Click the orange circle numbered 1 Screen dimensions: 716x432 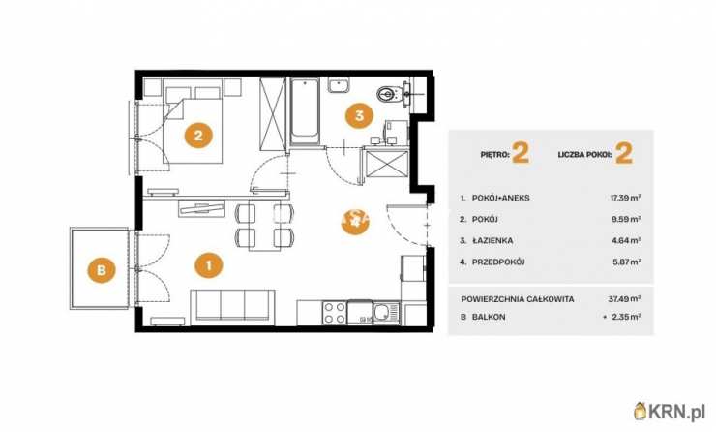(209, 265)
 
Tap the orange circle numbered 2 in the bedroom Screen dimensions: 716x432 (198, 136)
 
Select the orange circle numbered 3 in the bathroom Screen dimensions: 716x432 (359, 115)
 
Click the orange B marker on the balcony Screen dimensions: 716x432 (102, 269)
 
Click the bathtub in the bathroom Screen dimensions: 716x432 (304, 112)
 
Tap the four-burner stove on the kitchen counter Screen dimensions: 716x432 (334, 313)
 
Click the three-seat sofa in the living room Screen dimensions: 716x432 (233, 305)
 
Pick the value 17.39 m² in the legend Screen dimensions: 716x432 (626, 198)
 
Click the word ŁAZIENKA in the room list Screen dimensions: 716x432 (492, 240)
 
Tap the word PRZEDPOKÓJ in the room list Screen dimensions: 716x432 (498, 262)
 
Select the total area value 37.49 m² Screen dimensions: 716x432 (624, 299)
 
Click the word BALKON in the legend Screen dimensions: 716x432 (489, 317)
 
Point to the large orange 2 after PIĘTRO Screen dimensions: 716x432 (521, 153)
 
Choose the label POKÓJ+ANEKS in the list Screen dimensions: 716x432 (500, 198)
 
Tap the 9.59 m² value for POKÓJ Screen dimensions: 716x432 (627, 220)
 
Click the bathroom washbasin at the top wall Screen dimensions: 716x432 (339, 85)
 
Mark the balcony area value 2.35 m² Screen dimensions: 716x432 (622, 317)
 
